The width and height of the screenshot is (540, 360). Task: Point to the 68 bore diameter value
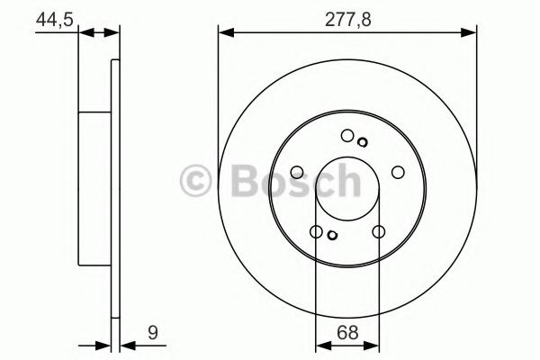(346, 332)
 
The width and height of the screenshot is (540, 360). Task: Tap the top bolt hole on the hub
(347, 136)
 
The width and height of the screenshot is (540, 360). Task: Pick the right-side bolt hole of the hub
(398, 170)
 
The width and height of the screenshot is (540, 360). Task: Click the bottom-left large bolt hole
(316, 232)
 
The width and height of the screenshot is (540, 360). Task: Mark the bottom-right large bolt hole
(378, 232)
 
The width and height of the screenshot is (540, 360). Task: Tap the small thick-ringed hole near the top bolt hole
(362, 141)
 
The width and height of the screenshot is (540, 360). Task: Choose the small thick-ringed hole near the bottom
(332, 236)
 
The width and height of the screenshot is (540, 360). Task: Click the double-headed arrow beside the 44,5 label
(99, 34)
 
